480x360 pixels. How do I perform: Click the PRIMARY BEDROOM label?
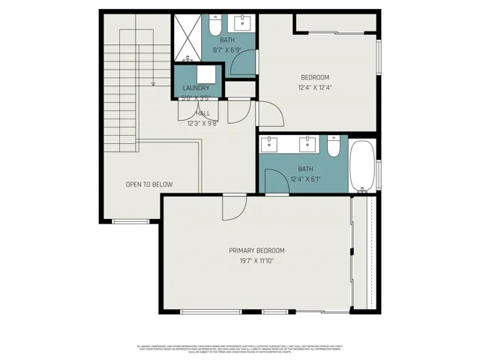point(256,250)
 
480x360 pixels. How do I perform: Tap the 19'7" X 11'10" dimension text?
point(256,262)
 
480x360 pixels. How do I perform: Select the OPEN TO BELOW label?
point(149,184)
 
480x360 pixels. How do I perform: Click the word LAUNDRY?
point(196,88)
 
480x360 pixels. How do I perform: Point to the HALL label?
point(202,113)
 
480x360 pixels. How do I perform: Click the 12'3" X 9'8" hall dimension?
point(202,124)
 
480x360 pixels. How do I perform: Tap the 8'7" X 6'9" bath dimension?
point(227,50)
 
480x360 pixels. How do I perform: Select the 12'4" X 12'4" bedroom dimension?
point(315,88)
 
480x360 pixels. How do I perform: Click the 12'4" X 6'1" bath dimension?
point(305,179)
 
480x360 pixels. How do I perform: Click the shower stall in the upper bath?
point(188,37)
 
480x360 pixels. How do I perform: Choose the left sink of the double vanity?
point(269,142)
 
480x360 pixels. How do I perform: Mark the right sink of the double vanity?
point(307,142)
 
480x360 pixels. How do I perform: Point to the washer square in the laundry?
point(199,75)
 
